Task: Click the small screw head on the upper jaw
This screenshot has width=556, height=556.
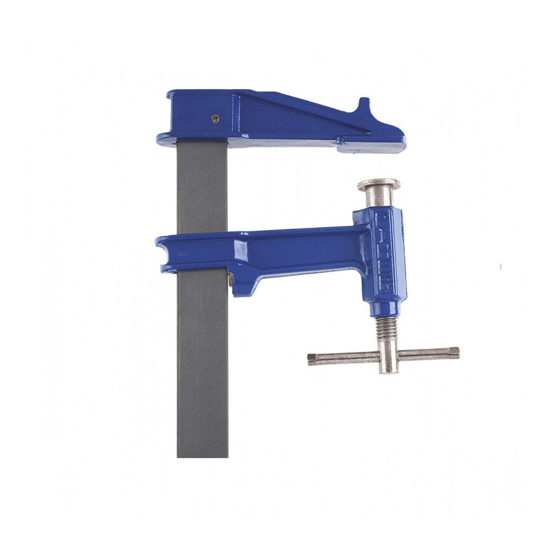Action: click(x=215, y=118)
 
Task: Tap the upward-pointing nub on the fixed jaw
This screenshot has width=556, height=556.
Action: click(x=363, y=106)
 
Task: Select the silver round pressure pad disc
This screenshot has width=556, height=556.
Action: click(x=379, y=184)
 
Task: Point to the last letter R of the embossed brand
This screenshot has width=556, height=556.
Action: click(x=385, y=285)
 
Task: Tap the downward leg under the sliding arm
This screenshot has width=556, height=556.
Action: click(x=245, y=284)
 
